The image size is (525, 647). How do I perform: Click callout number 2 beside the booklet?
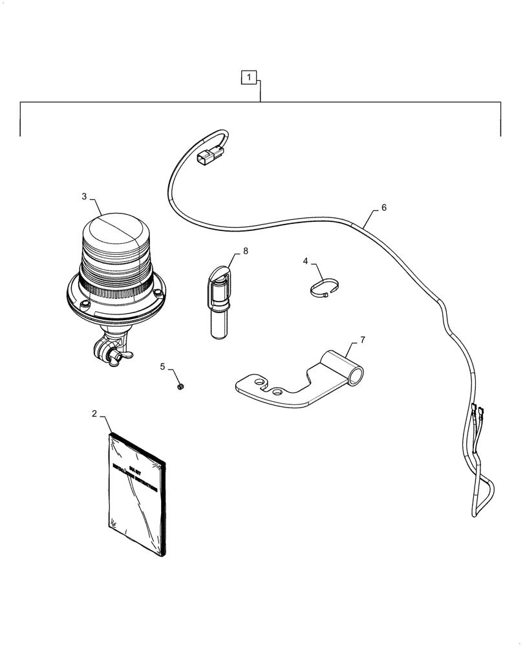[94, 413]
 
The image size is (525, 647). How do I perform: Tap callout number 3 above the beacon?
[85, 196]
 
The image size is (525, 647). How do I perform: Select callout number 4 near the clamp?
[305, 261]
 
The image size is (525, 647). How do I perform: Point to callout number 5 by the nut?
[163, 367]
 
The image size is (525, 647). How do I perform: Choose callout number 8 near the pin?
[245, 250]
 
